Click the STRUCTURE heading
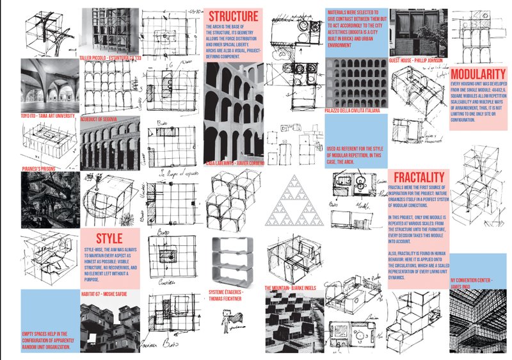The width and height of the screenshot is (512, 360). point(233,15)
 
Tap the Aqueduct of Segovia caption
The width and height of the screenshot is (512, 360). point(102,119)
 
